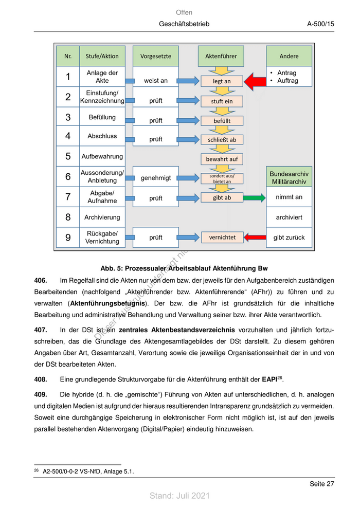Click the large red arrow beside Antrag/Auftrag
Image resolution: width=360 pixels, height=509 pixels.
254,81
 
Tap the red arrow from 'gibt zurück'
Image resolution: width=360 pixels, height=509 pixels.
254,237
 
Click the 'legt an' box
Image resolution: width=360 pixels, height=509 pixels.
222,81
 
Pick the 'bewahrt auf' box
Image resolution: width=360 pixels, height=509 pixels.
222,159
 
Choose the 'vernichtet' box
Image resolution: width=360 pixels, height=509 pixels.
222,238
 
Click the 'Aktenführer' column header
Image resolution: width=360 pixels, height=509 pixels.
222,56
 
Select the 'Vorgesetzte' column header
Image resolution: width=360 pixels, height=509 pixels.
155,56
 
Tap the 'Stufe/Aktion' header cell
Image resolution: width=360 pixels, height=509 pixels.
102,56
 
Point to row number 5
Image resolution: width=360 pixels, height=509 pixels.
68,156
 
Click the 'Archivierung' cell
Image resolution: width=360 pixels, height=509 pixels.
102,217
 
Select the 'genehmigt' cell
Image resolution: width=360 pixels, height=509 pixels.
155,178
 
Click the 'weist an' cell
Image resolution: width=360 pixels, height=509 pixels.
155,81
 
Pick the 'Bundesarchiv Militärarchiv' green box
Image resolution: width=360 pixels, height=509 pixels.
289,178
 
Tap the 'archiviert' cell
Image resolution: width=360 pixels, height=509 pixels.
289,217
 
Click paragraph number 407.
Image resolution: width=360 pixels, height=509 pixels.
41,330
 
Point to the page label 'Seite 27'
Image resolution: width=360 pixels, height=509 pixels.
321,484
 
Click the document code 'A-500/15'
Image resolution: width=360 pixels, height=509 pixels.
321,24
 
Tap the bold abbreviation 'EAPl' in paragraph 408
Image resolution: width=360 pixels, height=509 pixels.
269,380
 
